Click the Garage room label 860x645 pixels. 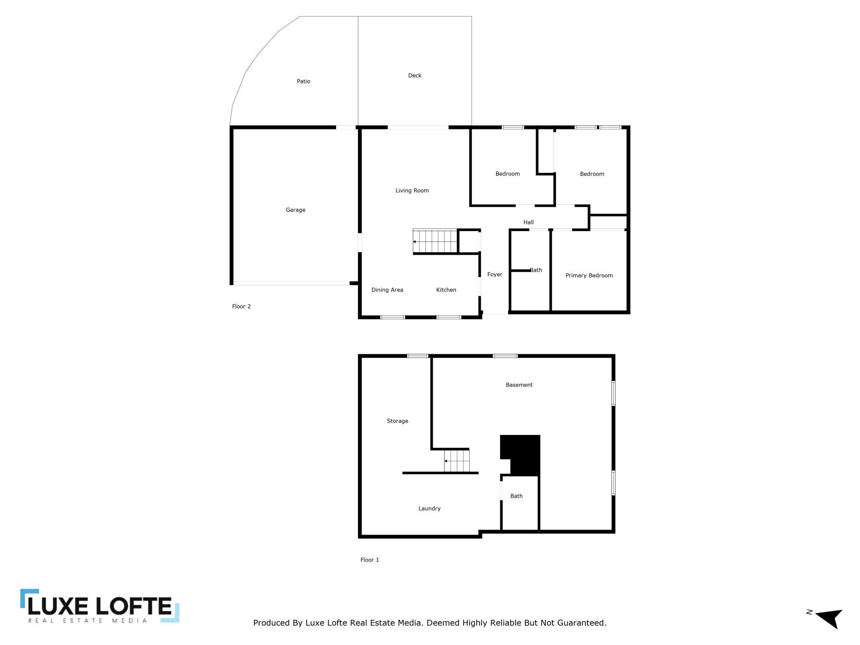point(296,210)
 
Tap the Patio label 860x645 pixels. point(303,81)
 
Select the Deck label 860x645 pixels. point(415,76)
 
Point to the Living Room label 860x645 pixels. point(412,191)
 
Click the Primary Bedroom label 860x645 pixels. point(589,275)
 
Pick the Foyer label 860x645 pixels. point(495,275)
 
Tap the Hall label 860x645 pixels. point(528,222)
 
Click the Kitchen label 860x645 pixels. point(446,290)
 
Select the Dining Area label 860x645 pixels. point(387,290)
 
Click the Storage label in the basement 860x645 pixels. point(397,421)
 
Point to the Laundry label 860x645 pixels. point(429,509)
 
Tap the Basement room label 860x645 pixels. point(519,385)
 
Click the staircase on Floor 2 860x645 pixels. point(435,241)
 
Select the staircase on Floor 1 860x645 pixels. point(457,461)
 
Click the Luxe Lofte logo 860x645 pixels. point(100,606)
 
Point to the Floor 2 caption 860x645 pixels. point(241,306)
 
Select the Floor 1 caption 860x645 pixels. point(370,560)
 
